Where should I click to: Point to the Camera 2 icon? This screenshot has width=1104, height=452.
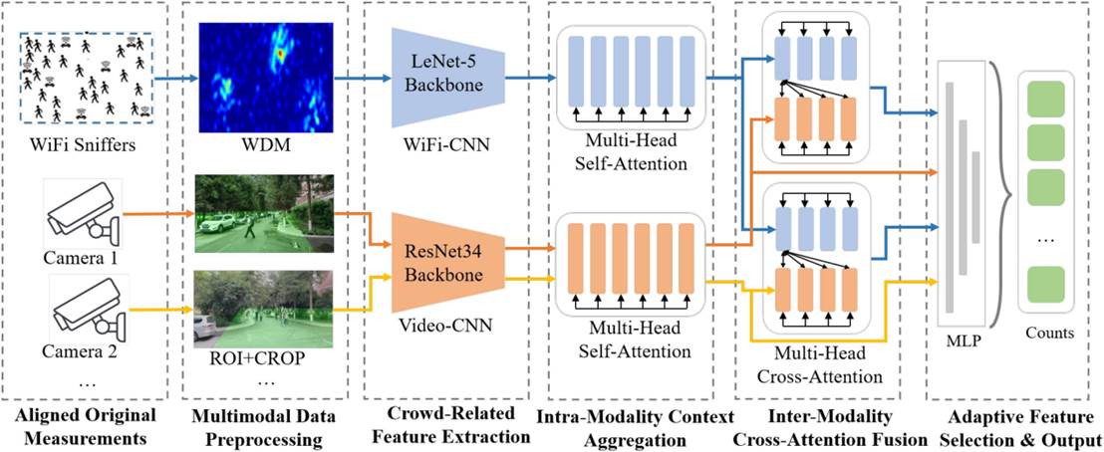pos(85,308)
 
